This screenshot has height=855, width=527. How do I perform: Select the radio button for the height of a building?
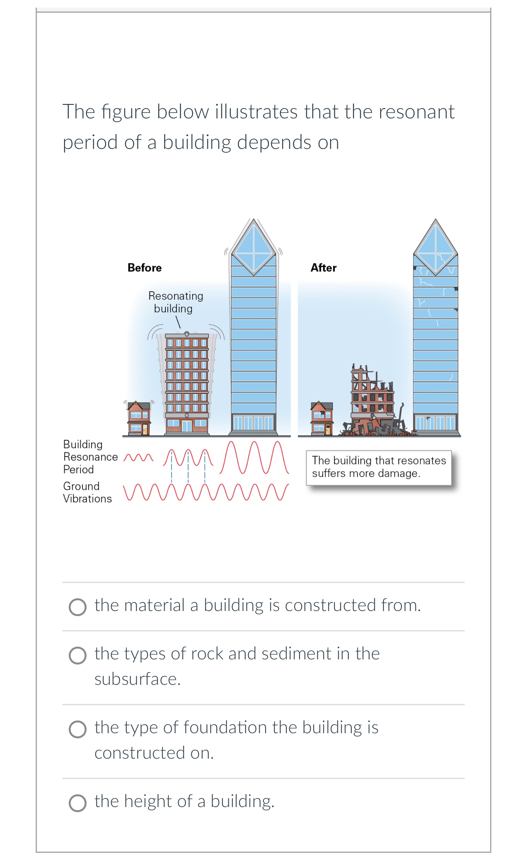click(78, 803)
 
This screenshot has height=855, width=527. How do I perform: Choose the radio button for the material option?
click(78, 607)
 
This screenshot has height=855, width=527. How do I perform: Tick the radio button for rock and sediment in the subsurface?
click(78, 655)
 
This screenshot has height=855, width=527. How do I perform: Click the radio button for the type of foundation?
click(78, 729)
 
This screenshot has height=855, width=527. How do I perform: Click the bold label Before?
click(144, 268)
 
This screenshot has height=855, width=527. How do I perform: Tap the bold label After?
click(323, 268)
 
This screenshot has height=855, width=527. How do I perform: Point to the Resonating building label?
click(175, 302)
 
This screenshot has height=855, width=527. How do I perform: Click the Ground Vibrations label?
click(87, 492)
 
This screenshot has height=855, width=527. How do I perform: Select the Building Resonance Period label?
click(90, 457)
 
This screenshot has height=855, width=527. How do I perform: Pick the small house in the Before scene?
click(139, 418)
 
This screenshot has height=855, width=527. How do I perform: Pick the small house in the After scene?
click(322, 418)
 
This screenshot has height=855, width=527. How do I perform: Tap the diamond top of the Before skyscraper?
click(254, 248)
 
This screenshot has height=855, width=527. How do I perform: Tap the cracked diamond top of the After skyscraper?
click(435, 248)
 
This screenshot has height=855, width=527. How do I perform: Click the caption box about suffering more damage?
click(378, 467)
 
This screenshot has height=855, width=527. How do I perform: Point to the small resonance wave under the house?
click(138, 458)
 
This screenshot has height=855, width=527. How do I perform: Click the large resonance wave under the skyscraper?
click(255, 457)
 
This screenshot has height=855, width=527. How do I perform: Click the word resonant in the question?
click(416, 112)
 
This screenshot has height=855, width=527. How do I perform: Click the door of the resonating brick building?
click(187, 426)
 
